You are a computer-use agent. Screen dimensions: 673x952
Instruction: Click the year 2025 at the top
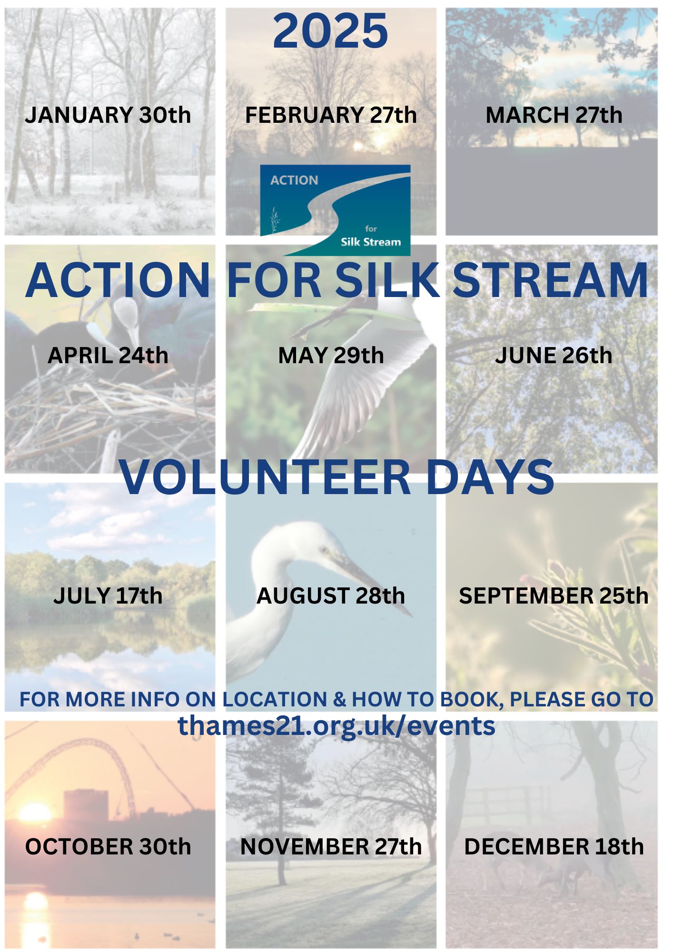tap(330, 31)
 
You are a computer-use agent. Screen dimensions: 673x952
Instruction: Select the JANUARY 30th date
tap(108, 115)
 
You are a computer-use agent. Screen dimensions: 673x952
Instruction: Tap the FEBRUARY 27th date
tap(331, 115)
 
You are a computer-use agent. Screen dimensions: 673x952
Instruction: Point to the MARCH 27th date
tap(554, 115)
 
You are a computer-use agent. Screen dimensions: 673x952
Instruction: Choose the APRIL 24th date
tap(108, 356)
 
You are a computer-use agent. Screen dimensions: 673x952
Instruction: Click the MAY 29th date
tap(331, 356)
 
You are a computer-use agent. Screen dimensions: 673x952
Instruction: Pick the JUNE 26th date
tap(554, 356)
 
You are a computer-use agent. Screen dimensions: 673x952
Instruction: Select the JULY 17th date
tap(108, 596)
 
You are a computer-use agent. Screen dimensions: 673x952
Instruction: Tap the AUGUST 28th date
tap(331, 596)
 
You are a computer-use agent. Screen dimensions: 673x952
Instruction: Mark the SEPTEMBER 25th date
tap(554, 596)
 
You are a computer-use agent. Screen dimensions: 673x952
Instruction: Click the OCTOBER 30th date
tap(108, 847)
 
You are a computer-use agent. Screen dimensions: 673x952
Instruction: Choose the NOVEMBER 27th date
tap(331, 847)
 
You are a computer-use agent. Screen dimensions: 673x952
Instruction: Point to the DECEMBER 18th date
tap(554, 847)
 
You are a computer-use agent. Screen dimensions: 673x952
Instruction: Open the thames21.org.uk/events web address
tap(336, 726)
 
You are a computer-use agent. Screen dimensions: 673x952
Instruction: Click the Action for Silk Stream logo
tap(335, 210)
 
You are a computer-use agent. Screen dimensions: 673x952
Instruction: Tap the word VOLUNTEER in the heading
tap(266, 477)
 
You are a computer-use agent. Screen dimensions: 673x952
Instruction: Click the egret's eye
tap(325, 550)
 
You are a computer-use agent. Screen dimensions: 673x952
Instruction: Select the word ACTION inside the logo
tap(294, 180)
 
